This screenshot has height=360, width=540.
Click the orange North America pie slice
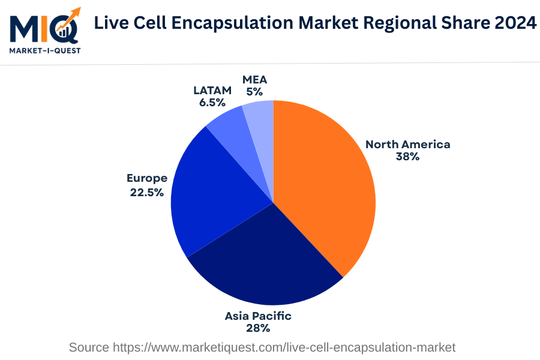click(x=324, y=186)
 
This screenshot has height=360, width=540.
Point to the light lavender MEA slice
click(x=261, y=126)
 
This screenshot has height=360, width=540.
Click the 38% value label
click(x=407, y=157)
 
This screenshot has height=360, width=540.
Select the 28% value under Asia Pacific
click(x=258, y=328)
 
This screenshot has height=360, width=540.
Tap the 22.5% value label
click(x=146, y=193)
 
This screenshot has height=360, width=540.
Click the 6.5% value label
click(x=212, y=103)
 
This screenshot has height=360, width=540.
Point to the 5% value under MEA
click(x=254, y=92)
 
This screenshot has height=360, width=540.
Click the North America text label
click(x=407, y=144)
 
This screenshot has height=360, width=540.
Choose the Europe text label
click(x=146, y=178)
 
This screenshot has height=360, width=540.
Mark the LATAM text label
click(x=212, y=90)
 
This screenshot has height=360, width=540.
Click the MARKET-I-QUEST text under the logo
click(x=44, y=51)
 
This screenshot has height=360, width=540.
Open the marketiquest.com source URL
click(x=284, y=347)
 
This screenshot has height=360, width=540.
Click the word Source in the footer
click(x=88, y=347)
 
